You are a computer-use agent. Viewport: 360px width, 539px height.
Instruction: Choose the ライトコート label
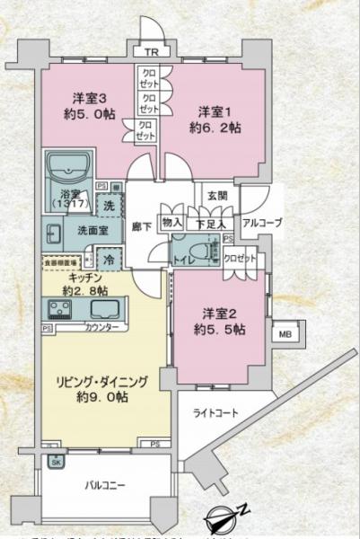(x=215, y=413)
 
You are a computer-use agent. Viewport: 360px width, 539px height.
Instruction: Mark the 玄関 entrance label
(x=217, y=196)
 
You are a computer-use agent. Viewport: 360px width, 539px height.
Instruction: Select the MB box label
(x=286, y=335)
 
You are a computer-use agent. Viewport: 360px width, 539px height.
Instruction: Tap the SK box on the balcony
(x=56, y=462)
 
